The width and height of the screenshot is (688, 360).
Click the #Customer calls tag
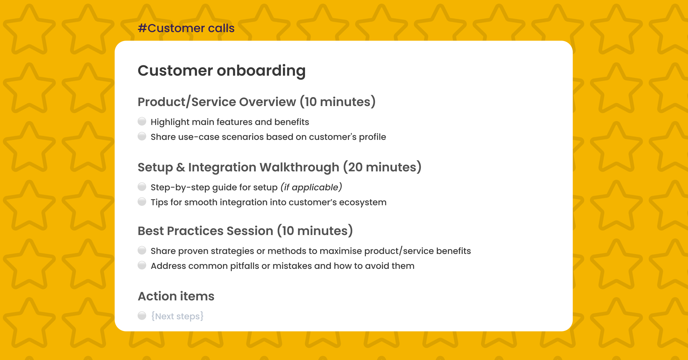tap(186, 28)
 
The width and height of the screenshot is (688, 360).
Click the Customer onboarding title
tap(222, 71)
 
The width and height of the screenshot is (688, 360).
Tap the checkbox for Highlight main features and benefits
tap(142, 122)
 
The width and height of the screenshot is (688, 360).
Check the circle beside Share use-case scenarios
tap(142, 136)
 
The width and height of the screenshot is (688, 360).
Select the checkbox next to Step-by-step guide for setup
tap(142, 187)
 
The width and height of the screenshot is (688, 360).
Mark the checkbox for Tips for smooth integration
tap(142, 202)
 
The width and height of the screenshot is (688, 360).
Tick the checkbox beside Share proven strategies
tap(142, 251)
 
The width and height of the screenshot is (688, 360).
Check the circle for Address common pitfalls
tap(142, 265)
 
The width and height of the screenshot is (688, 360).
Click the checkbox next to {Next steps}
tap(142, 316)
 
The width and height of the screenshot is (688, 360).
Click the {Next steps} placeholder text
tap(177, 316)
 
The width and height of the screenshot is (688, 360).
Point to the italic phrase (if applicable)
tap(311, 187)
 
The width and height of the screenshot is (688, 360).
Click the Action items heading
tap(176, 296)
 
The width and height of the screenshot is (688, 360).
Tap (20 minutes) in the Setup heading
tap(382, 167)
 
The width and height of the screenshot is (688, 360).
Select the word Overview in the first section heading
tap(267, 102)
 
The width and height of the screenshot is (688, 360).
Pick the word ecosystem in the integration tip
tap(363, 202)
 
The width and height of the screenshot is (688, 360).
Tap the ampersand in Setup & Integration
tap(181, 167)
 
